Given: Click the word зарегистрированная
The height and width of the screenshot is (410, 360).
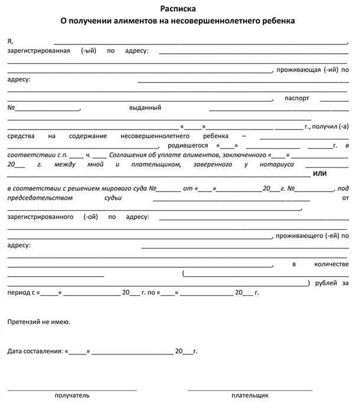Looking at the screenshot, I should coord(40,51).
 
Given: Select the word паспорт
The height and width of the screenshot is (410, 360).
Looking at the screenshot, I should coord(297,98).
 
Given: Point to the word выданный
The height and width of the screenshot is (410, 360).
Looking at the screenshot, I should coord(145,108).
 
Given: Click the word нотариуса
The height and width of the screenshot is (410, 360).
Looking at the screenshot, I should coord(270,164).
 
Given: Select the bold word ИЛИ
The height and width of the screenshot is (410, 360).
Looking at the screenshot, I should coord(319,174).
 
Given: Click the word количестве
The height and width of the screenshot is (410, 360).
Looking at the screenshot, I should coord(333,263).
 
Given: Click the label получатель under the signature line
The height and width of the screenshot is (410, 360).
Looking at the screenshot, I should coord(72,395).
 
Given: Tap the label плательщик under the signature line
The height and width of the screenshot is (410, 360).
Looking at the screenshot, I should coord(250,395).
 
